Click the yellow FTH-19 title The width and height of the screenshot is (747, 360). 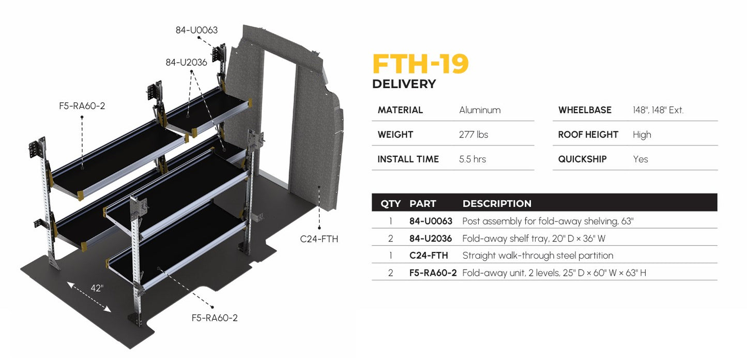(420, 64)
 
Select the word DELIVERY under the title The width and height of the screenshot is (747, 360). (404, 84)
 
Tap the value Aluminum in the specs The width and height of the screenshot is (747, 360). (480, 110)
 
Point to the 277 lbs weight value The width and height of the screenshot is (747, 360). (473, 134)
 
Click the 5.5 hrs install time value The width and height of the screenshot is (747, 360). (472, 159)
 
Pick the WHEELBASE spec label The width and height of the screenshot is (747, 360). (585, 110)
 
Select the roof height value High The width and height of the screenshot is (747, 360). (642, 135)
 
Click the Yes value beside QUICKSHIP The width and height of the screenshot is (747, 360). (641, 159)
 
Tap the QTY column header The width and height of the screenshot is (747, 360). (390, 203)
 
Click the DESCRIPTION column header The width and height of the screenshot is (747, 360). (497, 203)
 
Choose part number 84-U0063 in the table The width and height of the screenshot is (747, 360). (431, 221)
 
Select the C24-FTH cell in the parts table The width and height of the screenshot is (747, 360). (429, 256)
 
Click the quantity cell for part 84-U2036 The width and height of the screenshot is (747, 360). (390, 238)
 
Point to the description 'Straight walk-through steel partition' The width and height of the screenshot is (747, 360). (538, 256)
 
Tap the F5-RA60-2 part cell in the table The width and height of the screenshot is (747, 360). (433, 273)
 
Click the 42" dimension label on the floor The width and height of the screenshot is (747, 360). (97, 288)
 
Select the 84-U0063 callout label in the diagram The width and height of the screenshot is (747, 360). (196, 30)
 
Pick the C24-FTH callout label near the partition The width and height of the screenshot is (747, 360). (319, 239)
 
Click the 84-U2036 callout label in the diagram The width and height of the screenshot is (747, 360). (186, 63)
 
